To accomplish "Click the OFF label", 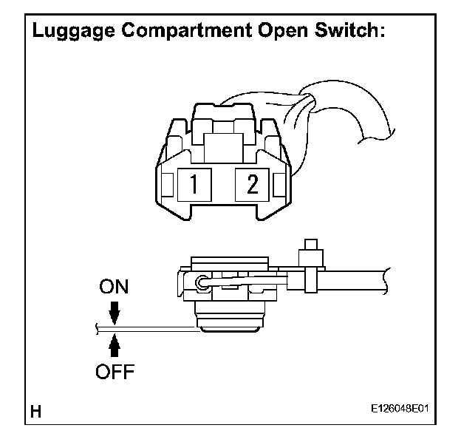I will [113, 371].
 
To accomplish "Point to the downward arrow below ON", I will [114, 315].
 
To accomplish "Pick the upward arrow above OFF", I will [114, 345].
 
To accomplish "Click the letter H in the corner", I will [35, 409].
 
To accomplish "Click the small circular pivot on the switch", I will [200, 281].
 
